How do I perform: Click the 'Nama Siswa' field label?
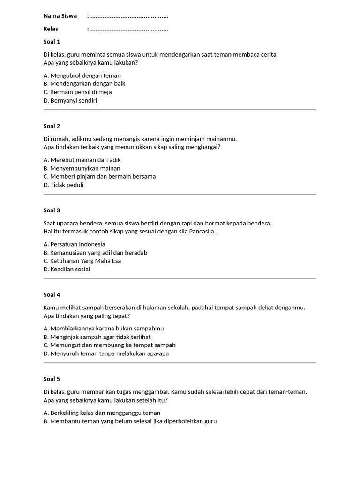(60, 16)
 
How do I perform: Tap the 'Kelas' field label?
(51, 29)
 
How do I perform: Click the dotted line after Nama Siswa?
(129, 17)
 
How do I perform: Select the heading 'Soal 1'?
(52, 42)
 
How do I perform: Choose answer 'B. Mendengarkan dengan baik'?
(84, 84)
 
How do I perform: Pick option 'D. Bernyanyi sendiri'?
(70, 101)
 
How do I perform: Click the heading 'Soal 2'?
(52, 126)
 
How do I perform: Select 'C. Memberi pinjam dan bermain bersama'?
(99, 177)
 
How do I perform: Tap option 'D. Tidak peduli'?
(63, 185)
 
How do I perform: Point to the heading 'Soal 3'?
(52, 210)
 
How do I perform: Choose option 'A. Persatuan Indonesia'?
(74, 244)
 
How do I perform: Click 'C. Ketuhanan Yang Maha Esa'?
(82, 261)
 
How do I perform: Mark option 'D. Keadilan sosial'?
(67, 270)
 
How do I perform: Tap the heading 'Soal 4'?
(52, 295)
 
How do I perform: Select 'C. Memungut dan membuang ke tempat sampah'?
(109, 345)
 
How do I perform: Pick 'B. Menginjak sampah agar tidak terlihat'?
(97, 337)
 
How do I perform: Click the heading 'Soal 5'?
(52, 379)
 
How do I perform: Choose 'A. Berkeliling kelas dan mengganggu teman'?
(102, 413)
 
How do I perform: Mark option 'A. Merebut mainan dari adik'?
(82, 160)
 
